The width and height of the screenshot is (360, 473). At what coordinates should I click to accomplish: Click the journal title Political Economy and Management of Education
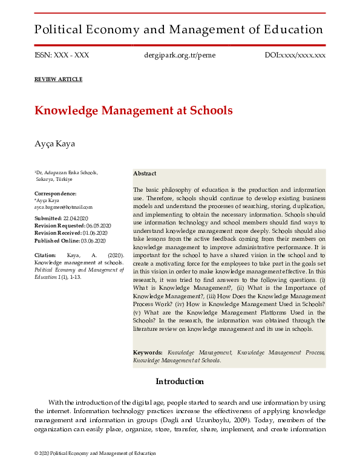178,29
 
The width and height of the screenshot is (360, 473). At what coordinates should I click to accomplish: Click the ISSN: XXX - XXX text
62,55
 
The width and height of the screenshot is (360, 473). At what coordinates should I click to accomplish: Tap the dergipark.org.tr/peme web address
179,55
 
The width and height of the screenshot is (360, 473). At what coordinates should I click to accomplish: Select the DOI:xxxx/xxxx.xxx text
295,55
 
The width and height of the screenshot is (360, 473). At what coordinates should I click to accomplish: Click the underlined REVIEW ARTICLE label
58,80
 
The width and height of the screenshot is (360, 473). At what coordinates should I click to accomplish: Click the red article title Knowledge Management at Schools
133,111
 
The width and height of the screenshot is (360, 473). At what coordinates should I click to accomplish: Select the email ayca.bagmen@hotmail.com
64,207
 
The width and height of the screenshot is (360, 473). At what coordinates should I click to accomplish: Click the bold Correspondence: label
56,194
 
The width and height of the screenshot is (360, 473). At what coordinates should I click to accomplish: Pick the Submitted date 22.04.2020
76,218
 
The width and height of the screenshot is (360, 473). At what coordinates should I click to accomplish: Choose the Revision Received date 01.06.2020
91,232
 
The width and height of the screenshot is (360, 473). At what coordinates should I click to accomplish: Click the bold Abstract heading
145,174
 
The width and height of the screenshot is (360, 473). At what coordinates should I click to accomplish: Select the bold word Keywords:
148,352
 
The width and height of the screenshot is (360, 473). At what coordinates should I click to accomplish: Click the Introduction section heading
180,382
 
